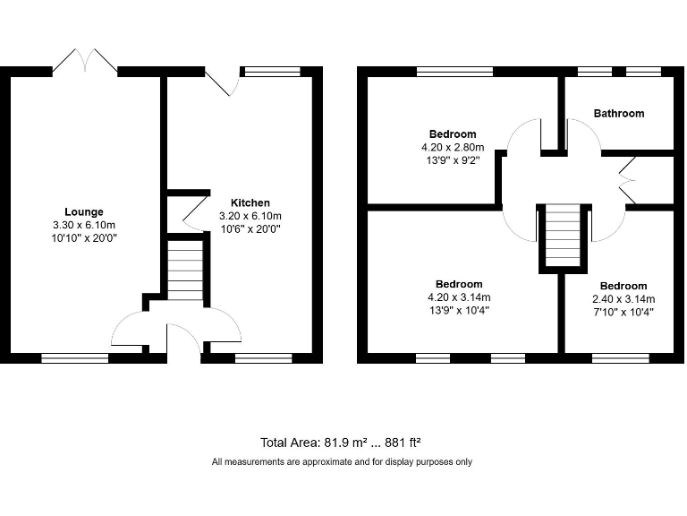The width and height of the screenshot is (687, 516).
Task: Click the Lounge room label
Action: (x=84, y=212)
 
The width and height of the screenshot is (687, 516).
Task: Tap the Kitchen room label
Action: (x=250, y=202)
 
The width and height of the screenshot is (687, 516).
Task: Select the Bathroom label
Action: (x=619, y=114)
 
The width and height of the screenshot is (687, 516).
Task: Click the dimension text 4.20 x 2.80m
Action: (x=452, y=148)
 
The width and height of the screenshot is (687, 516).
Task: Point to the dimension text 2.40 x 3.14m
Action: (x=623, y=299)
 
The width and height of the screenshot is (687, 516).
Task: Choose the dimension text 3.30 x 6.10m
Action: (x=84, y=225)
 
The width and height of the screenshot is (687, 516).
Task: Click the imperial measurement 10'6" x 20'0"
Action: (x=250, y=228)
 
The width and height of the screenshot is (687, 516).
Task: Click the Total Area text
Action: (x=341, y=442)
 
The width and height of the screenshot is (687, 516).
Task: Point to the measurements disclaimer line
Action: (x=342, y=462)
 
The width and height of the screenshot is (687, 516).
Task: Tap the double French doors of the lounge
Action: (x=85, y=61)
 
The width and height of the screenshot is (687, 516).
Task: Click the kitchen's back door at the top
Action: (x=220, y=82)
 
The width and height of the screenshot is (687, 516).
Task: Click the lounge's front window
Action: (x=75, y=357)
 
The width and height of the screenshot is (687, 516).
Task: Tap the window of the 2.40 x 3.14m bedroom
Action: (x=620, y=357)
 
